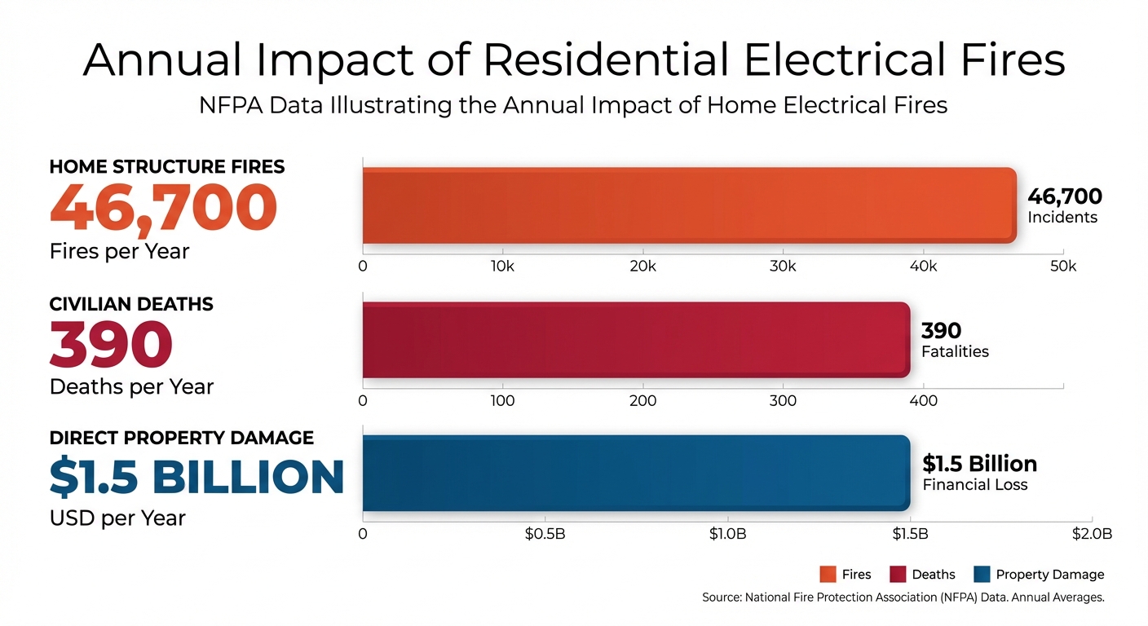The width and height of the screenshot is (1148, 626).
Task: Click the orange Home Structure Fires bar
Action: click(x=689, y=205)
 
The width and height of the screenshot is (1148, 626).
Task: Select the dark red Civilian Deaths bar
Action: click(x=635, y=340)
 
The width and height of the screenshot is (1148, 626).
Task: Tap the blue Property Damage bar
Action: click(x=635, y=474)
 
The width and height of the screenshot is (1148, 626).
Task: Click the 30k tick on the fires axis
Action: click(x=783, y=267)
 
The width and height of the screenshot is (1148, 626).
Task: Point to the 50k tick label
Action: click(x=1062, y=267)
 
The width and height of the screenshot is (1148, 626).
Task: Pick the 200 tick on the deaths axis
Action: click(x=642, y=400)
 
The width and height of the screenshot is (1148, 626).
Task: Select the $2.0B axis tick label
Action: click(x=1092, y=534)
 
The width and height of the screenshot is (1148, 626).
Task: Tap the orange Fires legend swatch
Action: click(x=828, y=575)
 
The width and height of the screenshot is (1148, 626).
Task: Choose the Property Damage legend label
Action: click(x=1049, y=575)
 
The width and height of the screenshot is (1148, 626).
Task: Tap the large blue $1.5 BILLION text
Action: click(x=196, y=478)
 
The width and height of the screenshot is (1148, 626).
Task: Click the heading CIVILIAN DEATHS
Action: click(x=131, y=304)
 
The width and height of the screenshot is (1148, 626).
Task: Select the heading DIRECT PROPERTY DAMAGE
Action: click(x=181, y=438)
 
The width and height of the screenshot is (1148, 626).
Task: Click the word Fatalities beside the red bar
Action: click(x=955, y=352)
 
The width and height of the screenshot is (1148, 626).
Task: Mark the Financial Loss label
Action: click(x=974, y=485)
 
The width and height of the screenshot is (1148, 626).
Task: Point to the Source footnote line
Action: click(x=903, y=597)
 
